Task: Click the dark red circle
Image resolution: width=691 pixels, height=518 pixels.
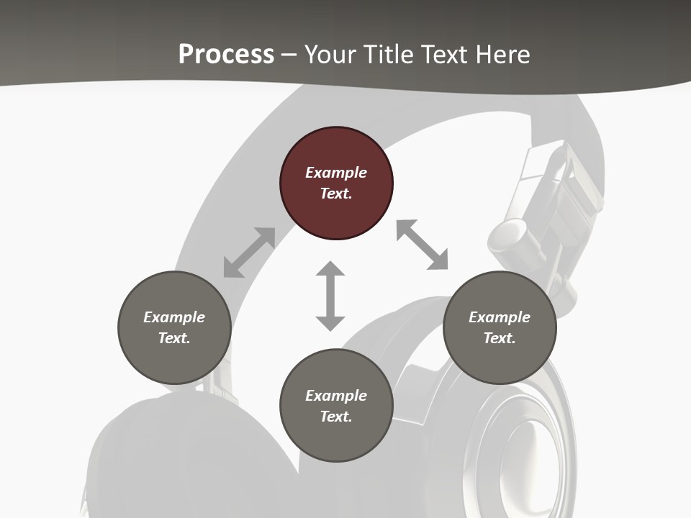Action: click(336, 183)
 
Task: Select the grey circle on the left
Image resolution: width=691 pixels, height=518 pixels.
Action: click(174, 327)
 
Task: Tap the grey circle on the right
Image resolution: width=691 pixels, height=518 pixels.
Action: click(500, 327)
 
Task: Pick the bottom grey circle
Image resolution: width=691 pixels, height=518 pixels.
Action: click(336, 406)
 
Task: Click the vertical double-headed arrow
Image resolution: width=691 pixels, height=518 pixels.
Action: click(330, 296)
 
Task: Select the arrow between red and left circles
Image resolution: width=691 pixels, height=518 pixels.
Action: click(249, 253)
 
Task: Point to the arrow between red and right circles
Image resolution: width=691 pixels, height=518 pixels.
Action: click(422, 245)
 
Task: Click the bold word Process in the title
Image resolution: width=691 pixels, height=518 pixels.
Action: click(226, 54)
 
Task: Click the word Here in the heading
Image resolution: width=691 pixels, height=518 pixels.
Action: click(503, 54)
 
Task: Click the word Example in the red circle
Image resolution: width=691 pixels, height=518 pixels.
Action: click(336, 173)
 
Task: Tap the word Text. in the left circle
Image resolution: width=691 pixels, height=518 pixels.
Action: click(174, 338)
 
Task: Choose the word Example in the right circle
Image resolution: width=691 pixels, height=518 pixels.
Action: click(500, 317)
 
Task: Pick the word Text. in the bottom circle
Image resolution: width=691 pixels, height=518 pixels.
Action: click(336, 417)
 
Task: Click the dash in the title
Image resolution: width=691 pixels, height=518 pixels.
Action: click(289, 55)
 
